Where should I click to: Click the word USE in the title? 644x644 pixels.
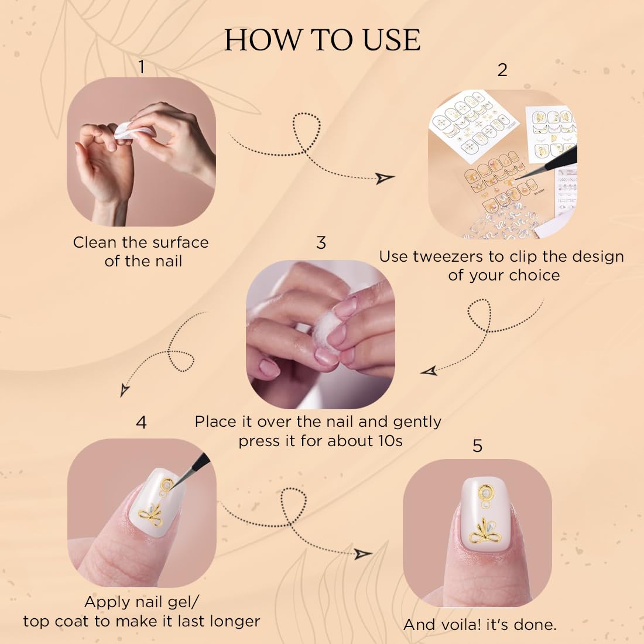coord(392,40)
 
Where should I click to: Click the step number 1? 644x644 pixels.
coord(141,67)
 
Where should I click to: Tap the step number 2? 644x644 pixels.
coord(502,70)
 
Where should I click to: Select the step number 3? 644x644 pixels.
coord(321,243)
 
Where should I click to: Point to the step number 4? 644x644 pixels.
coord(141,422)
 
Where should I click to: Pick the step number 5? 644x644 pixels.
coord(477,446)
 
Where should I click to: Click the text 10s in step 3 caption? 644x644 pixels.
coord(390,441)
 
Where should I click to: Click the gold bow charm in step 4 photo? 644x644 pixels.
coord(151,516)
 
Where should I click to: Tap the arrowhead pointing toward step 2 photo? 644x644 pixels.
coord(385,178)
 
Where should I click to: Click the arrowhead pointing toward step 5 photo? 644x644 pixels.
coord(362,554)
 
